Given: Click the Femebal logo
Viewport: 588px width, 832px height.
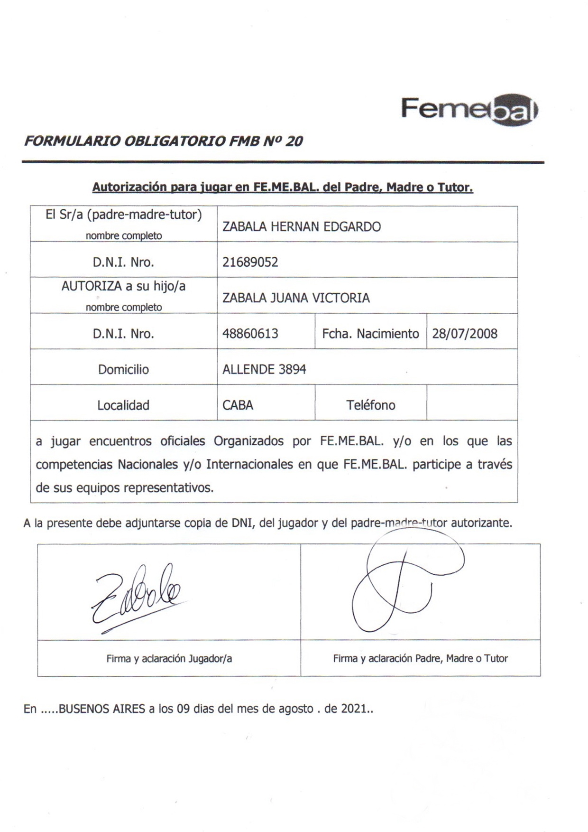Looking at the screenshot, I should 469,110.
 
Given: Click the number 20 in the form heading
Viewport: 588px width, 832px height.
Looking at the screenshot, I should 294,141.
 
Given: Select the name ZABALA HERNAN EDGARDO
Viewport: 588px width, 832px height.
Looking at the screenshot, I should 302,227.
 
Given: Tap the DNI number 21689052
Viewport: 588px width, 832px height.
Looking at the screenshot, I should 250,262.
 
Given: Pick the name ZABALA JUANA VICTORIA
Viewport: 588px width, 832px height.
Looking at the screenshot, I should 296,298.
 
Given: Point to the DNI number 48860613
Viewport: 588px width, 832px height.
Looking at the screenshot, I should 250,334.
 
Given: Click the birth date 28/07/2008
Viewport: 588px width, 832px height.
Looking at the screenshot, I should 465,334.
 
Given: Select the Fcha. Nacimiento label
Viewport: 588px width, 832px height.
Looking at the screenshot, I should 370,334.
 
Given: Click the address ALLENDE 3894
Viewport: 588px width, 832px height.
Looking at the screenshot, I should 264,369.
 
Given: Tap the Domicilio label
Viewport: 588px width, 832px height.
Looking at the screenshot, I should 123,369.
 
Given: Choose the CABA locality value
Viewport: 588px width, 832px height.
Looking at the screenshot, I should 238,405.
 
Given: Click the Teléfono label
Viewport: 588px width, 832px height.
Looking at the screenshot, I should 370,405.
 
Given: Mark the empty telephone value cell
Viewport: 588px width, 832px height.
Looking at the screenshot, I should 472,403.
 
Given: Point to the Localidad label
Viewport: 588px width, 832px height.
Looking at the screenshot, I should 123,405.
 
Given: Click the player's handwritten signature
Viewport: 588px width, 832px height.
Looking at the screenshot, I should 138,598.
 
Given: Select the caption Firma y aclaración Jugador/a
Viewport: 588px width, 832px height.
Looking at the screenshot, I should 169,659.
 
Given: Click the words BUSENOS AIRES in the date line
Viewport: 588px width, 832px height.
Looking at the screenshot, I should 101,709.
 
